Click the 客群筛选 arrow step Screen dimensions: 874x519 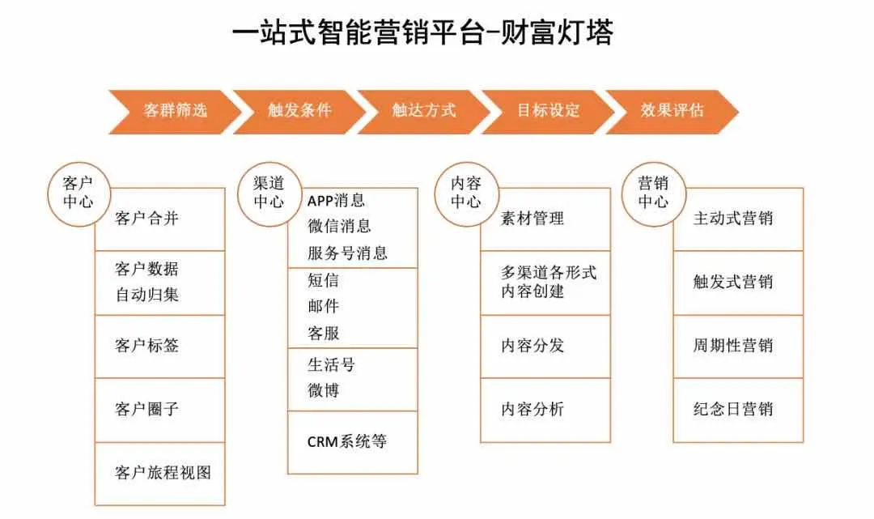tap(175, 111)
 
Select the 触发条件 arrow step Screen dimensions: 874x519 tap(299, 111)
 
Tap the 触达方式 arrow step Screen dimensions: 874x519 tap(424, 111)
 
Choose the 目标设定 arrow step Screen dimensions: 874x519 tap(549, 111)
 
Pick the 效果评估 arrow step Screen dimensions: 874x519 tap(672, 111)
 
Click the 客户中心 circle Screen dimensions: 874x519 tap(77, 193)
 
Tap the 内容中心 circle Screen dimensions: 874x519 tap(465, 193)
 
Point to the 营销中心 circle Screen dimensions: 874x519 tap(652, 193)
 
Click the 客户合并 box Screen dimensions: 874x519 tap(160, 219)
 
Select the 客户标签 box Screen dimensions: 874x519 tap(160, 346)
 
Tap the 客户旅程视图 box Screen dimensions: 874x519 tap(160, 473)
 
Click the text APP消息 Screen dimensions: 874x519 tap(336, 200)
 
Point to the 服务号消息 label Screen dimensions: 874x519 tap(347, 253)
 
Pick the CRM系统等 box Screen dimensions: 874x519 tap(353, 441)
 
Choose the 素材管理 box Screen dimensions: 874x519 tap(545, 219)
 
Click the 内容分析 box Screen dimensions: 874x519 tap(545, 409)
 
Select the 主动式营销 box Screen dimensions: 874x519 tap(738, 219)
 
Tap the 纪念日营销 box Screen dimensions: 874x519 tap(738, 409)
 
